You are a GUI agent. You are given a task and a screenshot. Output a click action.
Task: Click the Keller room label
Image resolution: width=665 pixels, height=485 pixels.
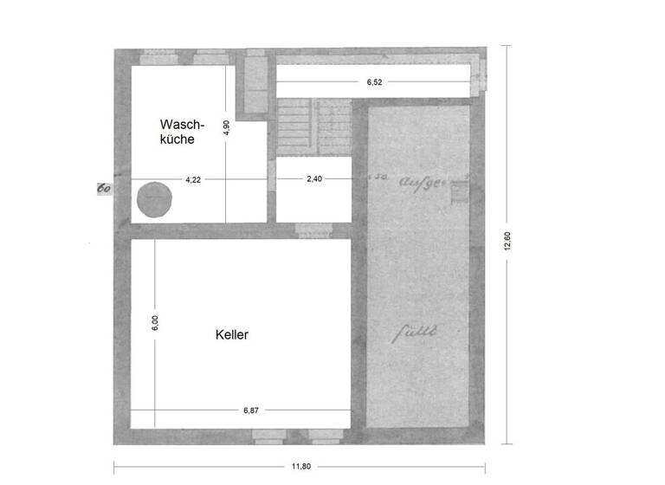[x=231, y=334]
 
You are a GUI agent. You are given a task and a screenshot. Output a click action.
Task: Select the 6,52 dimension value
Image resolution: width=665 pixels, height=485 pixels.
[x=374, y=82]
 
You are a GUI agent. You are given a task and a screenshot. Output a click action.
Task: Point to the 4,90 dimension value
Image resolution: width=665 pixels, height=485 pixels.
[x=226, y=129]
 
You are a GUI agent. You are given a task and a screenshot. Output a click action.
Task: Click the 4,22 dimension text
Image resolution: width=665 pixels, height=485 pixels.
[x=193, y=179]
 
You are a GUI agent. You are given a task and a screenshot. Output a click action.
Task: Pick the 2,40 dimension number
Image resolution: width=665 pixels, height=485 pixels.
[x=313, y=179]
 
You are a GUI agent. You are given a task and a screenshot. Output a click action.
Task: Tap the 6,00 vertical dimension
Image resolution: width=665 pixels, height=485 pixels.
[x=155, y=322]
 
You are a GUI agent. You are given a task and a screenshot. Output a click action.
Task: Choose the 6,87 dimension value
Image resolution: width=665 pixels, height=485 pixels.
[x=251, y=411]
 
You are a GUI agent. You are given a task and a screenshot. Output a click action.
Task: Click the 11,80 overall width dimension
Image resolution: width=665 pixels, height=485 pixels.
[x=301, y=466]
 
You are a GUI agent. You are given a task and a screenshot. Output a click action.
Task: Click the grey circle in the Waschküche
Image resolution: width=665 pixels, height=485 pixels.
[x=155, y=200]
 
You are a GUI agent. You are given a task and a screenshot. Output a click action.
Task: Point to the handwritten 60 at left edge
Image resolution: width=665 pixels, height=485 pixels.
[x=102, y=187]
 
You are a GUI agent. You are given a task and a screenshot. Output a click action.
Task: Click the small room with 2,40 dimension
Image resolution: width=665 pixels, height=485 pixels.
[x=313, y=195]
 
